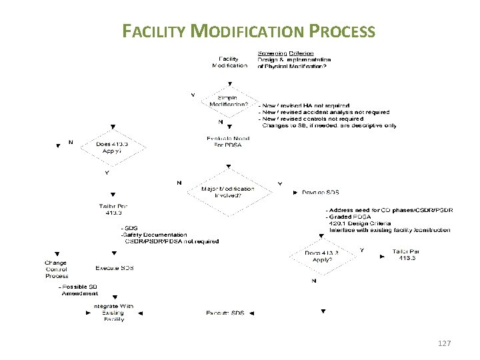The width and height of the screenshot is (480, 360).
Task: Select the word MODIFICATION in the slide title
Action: (x=251, y=31)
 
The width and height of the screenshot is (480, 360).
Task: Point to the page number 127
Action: (x=444, y=343)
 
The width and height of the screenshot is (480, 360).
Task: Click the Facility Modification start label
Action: (x=229, y=62)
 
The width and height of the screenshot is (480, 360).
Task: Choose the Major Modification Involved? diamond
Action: (x=227, y=193)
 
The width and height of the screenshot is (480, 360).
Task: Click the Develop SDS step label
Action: (x=321, y=193)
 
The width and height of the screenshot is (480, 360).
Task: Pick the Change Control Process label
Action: (x=57, y=269)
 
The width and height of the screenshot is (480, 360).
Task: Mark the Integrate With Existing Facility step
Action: (x=114, y=313)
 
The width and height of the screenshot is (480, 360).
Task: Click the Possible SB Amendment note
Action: (x=79, y=290)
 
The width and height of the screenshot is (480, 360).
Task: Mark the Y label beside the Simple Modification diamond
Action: (x=193, y=95)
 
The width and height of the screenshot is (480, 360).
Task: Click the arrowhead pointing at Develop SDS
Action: (x=295, y=193)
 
